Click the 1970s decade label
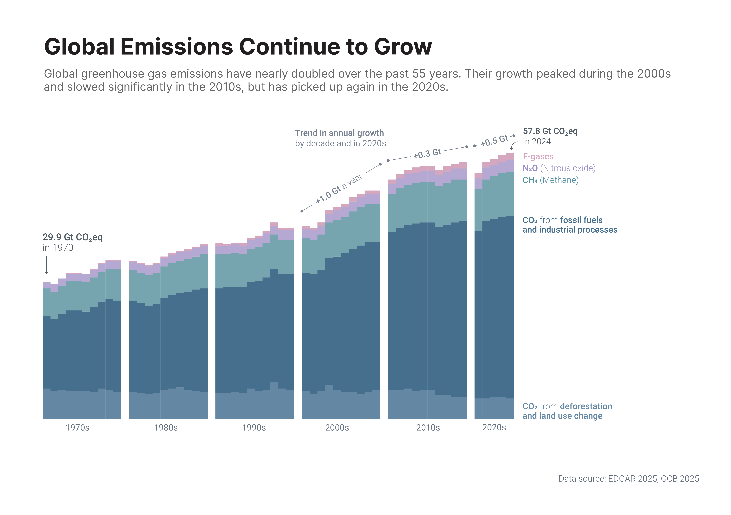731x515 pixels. click(77, 428)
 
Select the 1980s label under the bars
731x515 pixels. click(166, 428)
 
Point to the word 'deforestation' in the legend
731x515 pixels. click(586, 406)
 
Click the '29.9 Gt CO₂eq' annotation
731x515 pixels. click(73, 237)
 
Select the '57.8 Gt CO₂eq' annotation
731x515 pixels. click(550, 131)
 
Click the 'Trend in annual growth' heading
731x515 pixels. click(339, 133)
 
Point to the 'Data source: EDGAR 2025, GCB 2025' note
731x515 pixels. click(629, 479)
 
